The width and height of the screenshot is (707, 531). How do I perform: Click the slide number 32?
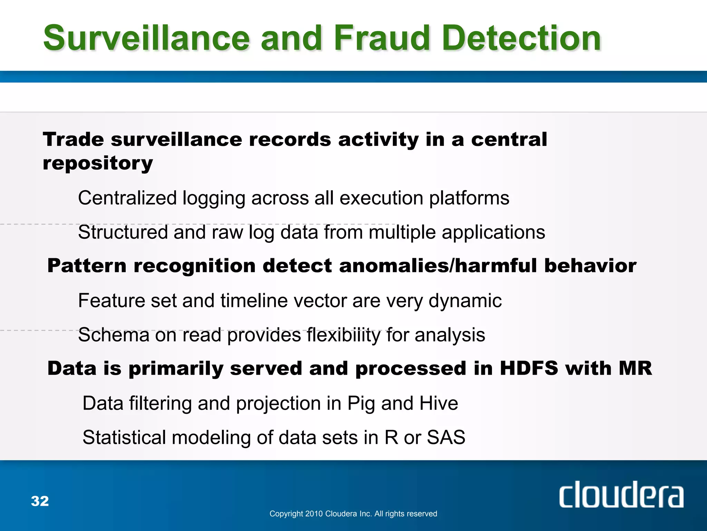pyautogui.click(x=40, y=501)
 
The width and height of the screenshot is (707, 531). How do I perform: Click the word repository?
pyautogui.click(x=98, y=164)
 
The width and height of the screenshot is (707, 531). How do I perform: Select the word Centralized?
pyautogui.click(x=127, y=198)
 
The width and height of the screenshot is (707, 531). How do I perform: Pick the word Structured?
pyautogui.click(x=123, y=232)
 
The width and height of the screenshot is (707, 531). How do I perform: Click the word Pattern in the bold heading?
pyautogui.click(x=87, y=265)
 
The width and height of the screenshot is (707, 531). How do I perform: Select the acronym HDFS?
pyautogui.click(x=529, y=368)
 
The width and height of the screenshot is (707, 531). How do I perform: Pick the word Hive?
pyautogui.click(x=438, y=403)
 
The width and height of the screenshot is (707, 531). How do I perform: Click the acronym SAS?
pyautogui.click(x=446, y=437)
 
